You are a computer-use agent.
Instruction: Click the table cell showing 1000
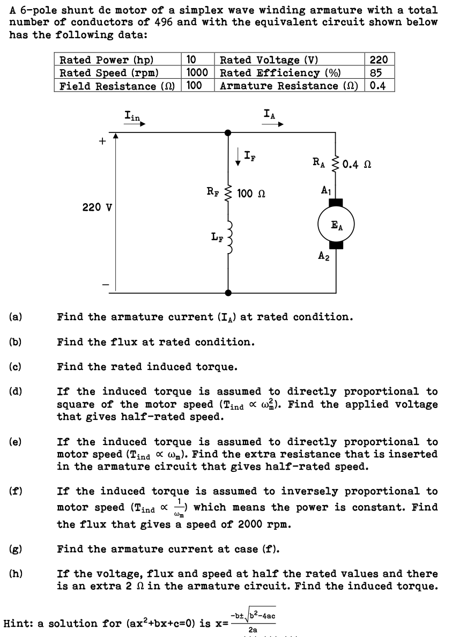197,73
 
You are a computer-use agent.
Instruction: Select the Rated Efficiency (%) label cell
282,73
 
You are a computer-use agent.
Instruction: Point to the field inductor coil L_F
229,235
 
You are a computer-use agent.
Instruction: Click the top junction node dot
228,131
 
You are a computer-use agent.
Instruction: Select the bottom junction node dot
228,293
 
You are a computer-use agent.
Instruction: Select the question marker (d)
16,392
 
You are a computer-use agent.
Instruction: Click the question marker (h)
16,574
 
